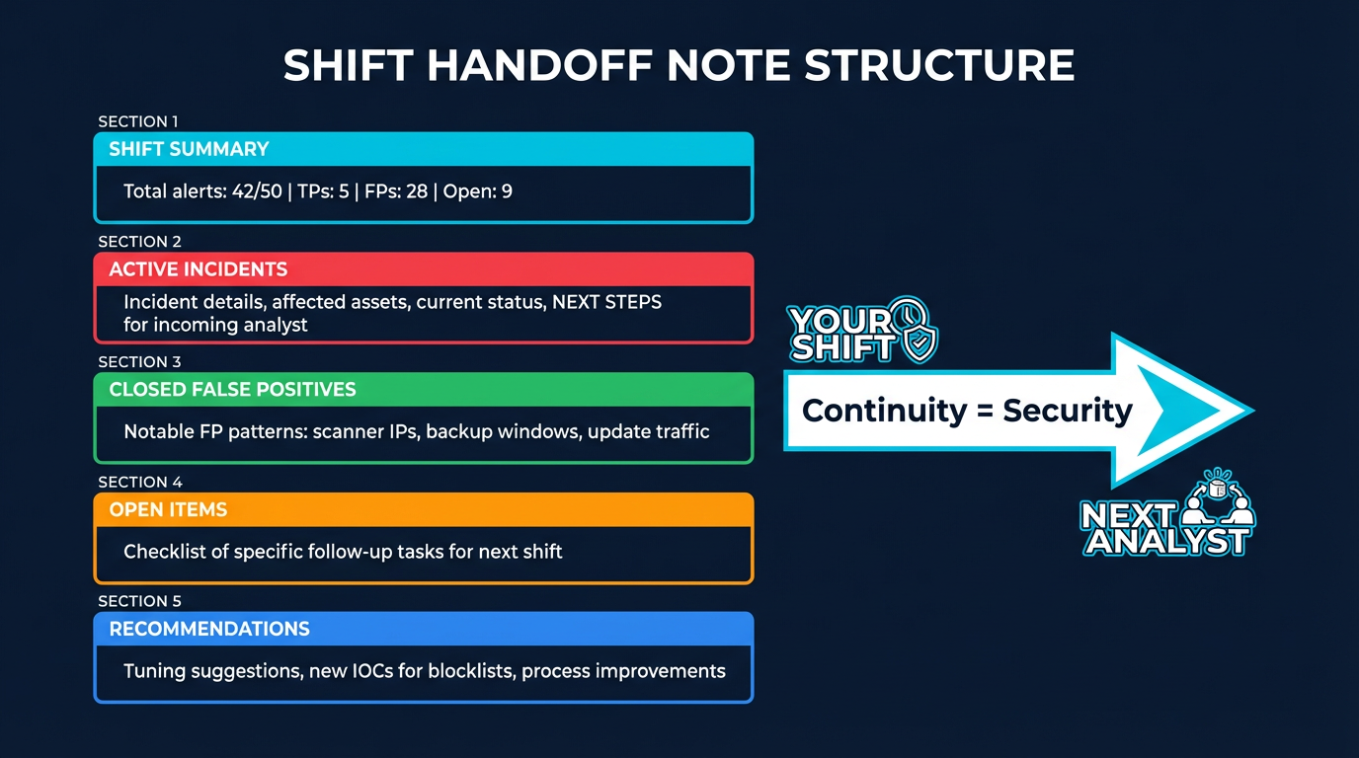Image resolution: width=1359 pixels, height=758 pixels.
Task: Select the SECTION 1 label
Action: (x=138, y=121)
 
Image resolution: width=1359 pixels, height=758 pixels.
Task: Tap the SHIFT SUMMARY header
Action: (x=189, y=149)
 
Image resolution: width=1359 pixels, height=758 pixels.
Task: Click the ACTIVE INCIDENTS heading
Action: (x=199, y=269)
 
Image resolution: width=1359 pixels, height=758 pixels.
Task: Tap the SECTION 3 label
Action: (x=139, y=362)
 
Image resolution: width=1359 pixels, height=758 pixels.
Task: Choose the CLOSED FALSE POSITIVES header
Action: (x=232, y=389)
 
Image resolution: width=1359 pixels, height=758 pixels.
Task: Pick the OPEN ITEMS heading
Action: (x=168, y=509)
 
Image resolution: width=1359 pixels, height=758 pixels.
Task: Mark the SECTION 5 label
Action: (x=139, y=601)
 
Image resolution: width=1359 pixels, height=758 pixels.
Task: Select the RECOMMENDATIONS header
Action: (x=209, y=629)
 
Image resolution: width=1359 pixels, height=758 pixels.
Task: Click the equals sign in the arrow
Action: (x=985, y=411)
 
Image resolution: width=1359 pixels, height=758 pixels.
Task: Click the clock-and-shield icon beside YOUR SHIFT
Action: (x=913, y=329)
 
